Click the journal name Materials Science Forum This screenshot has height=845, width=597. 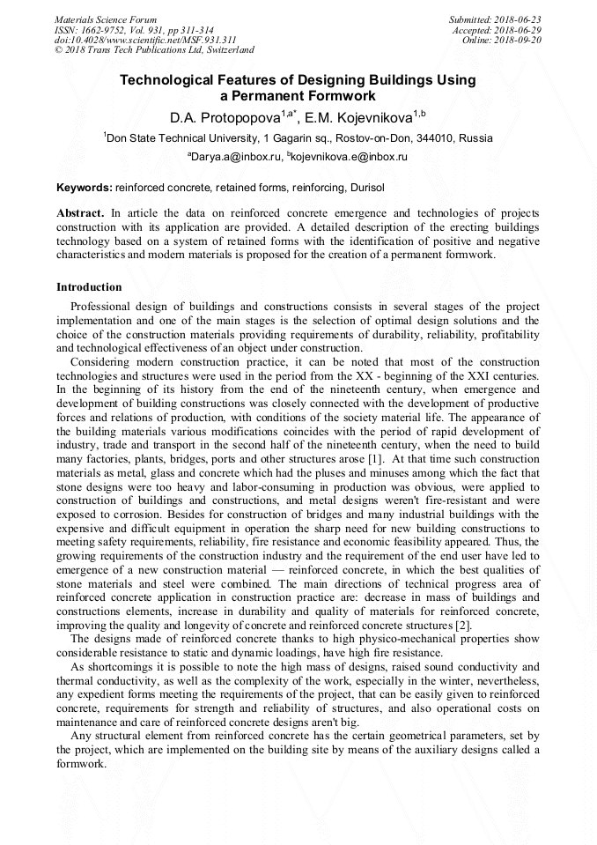click(106, 19)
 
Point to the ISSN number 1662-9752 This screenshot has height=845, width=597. click(105, 30)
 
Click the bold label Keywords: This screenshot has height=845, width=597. click(85, 188)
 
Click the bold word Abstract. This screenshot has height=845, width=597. click(80, 214)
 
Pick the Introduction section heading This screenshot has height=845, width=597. click(89, 287)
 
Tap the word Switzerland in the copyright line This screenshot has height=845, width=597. click(227, 51)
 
